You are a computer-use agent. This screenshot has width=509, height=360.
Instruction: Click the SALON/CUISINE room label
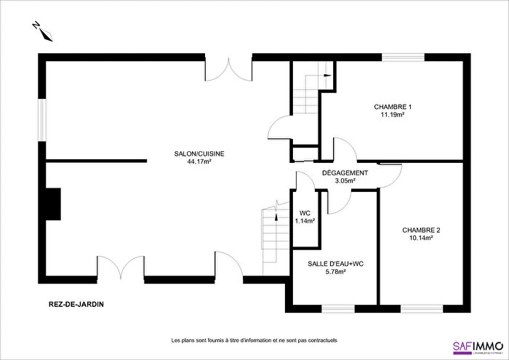(199, 153)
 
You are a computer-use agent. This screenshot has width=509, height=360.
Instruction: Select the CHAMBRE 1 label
(392, 107)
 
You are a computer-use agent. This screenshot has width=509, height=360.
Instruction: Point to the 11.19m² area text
(392, 115)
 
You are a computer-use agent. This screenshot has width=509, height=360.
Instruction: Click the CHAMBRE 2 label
(422, 230)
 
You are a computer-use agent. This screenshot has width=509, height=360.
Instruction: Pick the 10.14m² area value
(422, 238)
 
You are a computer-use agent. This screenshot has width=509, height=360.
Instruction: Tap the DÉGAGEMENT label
(345, 173)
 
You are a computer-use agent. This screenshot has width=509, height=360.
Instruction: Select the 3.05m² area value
(345, 181)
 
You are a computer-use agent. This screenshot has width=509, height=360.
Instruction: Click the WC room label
(305, 213)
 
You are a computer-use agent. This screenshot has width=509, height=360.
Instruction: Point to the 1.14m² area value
(305, 221)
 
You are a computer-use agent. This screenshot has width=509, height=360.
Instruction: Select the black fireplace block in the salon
(52, 203)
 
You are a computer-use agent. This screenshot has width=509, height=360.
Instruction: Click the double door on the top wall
(228, 67)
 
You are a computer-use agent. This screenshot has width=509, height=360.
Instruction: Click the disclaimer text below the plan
(254, 340)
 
